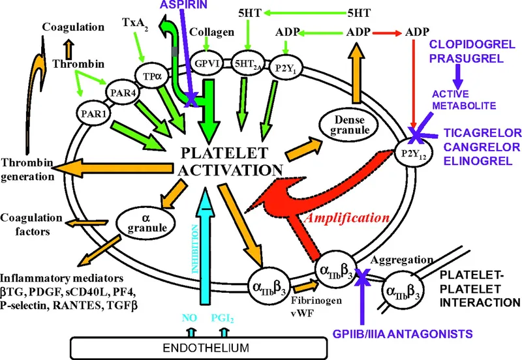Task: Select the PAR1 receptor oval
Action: click(x=91, y=112)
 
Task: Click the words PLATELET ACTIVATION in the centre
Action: click(x=230, y=162)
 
